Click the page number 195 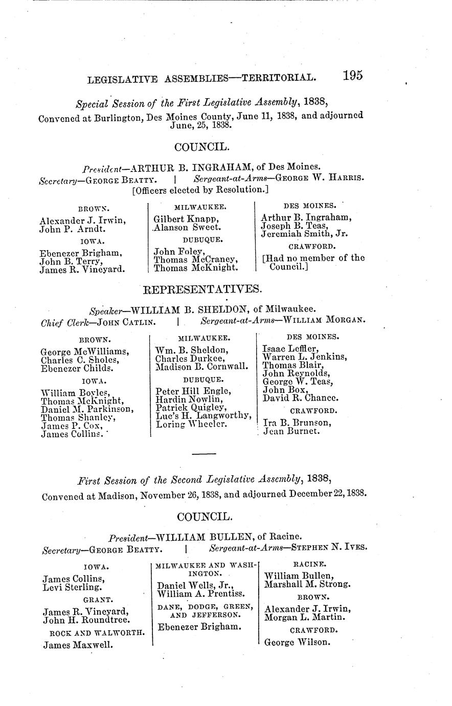coord(353,75)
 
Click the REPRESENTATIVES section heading coord(201,290)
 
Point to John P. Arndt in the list coord(72,229)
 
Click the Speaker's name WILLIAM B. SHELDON coord(190,310)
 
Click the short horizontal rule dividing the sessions coord(204,454)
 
